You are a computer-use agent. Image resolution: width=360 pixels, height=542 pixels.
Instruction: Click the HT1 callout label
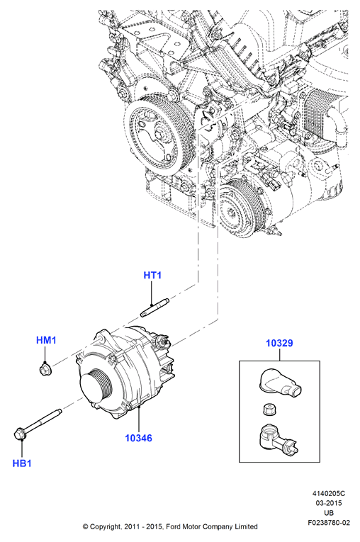[x=152, y=275]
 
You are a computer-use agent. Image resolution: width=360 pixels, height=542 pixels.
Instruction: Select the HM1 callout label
[x=46, y=340]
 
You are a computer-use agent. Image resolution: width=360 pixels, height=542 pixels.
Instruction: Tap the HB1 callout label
[x=22, y=463]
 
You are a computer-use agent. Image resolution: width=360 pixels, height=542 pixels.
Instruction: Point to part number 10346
[x=138, y=438]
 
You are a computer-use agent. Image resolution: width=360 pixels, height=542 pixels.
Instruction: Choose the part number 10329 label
[x=279, y=343]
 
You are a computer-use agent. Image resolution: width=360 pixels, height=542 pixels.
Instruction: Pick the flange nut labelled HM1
[x=43, y=369]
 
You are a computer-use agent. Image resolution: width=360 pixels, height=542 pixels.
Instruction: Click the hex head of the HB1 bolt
[x=20, y=434]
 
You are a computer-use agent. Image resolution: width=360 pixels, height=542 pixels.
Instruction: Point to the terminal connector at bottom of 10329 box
[x=277, y=439]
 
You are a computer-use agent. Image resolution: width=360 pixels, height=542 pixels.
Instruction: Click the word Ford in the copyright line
[x=173, y=526]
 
